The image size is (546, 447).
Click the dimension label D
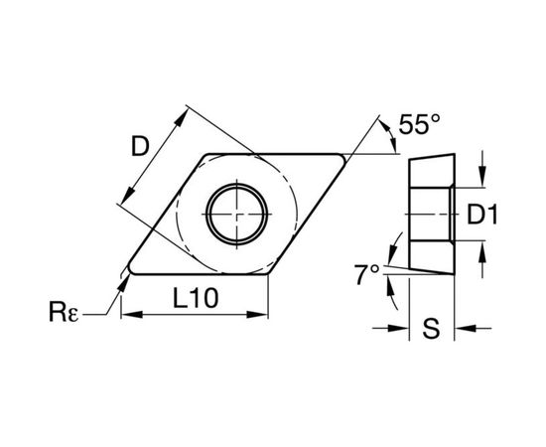(x=140, y=146)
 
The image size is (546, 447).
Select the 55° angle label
(x=422, y=126)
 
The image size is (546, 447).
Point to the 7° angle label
(x=367, y=273)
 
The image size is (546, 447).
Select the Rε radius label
(x=68, y=316)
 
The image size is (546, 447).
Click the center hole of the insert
(x=238, y=213)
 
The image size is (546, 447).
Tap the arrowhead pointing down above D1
(x=482, y=179)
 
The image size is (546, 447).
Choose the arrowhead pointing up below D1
(x=482, y=249)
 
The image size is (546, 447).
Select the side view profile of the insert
(x=430, y=213)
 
